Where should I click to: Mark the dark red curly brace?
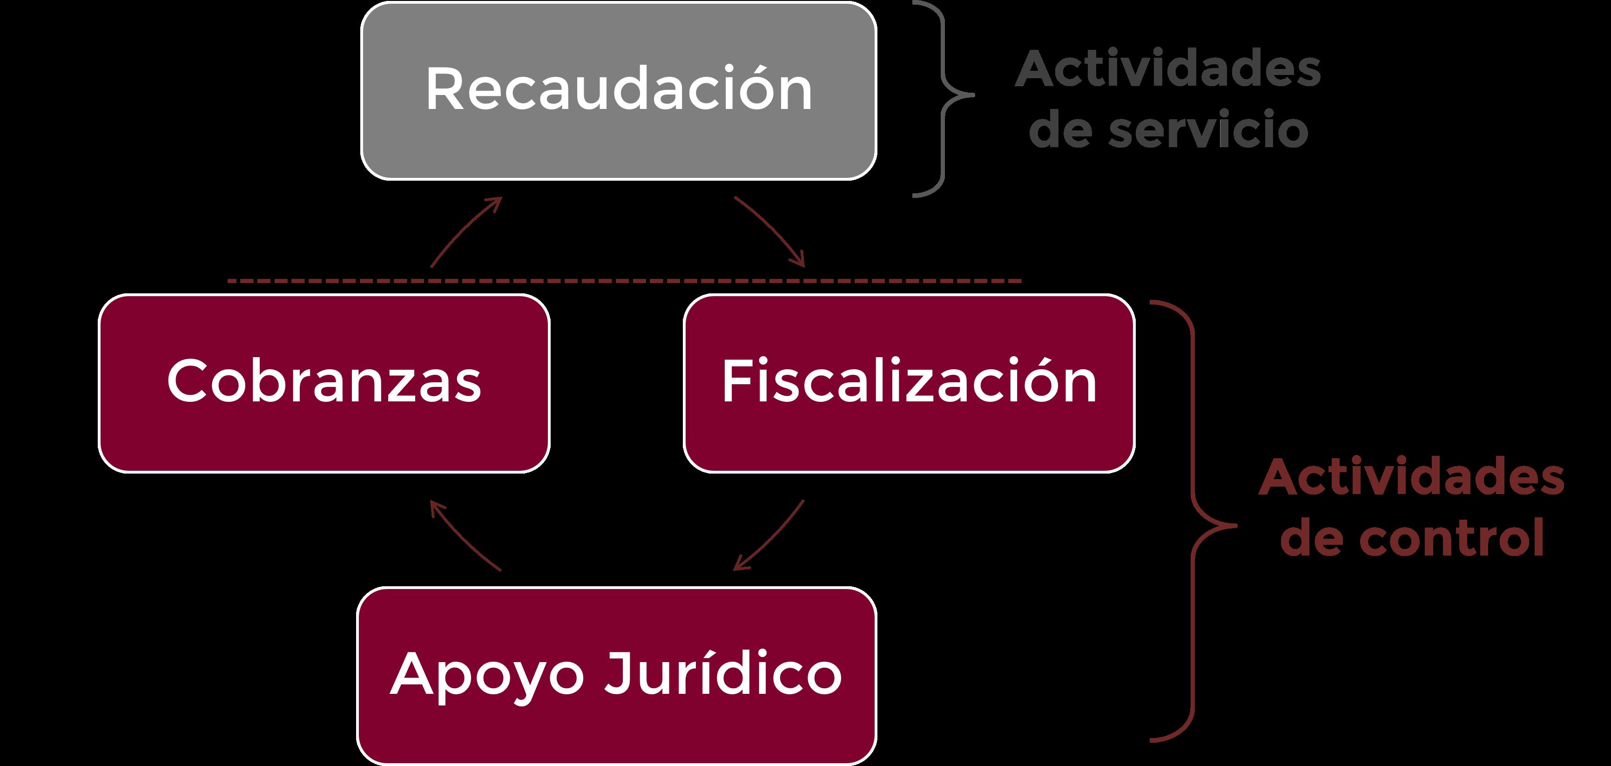(x=1193, y=522)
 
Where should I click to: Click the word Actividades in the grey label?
(x=1167, y=69)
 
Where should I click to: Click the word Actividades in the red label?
(x=1411, y=477)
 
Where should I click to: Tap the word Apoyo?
(x=487, y=676)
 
